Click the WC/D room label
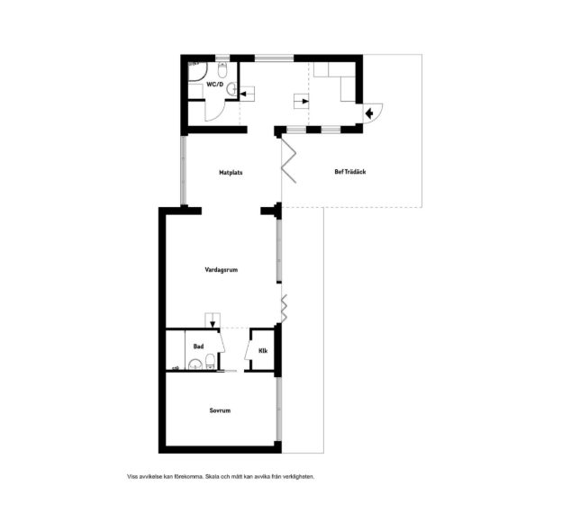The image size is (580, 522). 215,85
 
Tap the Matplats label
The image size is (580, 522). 231,173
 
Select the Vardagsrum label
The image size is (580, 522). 222,270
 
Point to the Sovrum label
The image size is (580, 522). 220,410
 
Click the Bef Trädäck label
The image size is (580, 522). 350,172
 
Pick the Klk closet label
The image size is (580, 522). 263,351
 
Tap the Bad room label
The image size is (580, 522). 199,346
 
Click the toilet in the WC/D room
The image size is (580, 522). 222,68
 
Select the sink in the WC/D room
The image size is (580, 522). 231,89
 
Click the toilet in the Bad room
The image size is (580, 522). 210,361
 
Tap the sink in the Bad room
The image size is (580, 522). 195,364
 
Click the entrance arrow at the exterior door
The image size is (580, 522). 368,112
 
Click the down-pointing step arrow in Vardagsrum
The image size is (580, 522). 213,323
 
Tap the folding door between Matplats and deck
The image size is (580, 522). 289,160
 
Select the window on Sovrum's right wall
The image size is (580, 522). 279,409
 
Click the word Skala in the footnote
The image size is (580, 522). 212,476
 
